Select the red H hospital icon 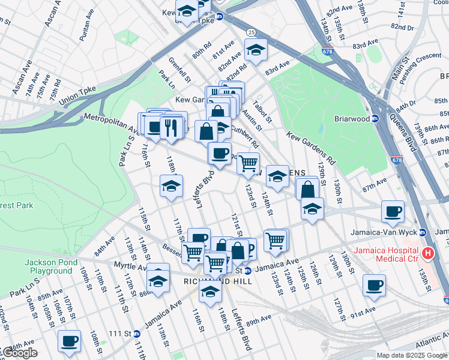428,254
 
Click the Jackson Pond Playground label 49,266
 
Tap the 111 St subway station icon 136,334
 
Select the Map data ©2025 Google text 411,355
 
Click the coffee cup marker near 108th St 69,341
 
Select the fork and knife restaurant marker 171,128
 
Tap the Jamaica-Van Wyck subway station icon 422,232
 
